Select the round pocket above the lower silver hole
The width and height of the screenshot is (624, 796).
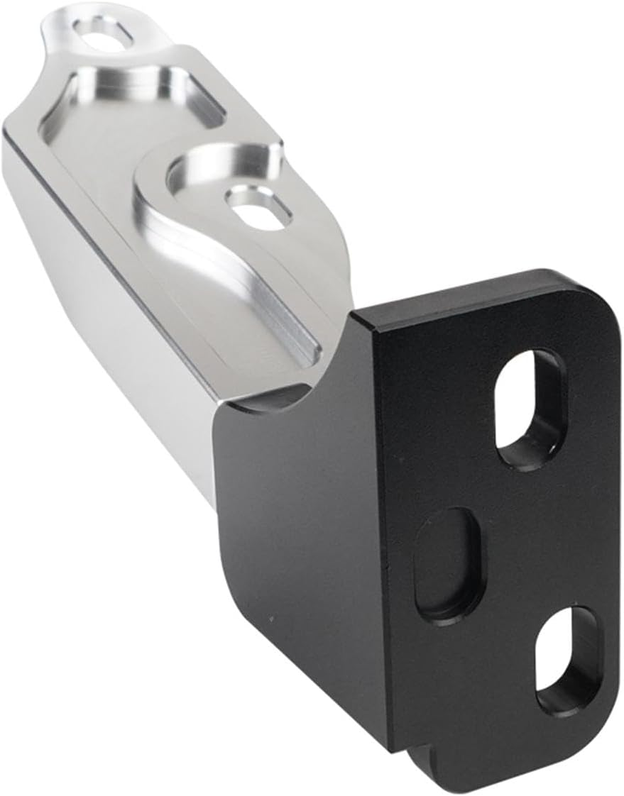pyautogui.click(x=213, y=167)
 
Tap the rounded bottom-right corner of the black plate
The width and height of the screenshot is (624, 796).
pyautogui.click(x=582, y=766)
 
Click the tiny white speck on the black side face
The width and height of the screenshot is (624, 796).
pyautogui.click(x=270, y=619)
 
